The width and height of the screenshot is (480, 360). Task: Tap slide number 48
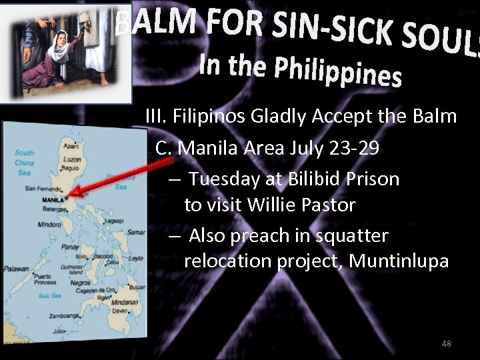(x=446, y=343)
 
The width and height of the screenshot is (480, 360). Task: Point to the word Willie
(x=269, y=204)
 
